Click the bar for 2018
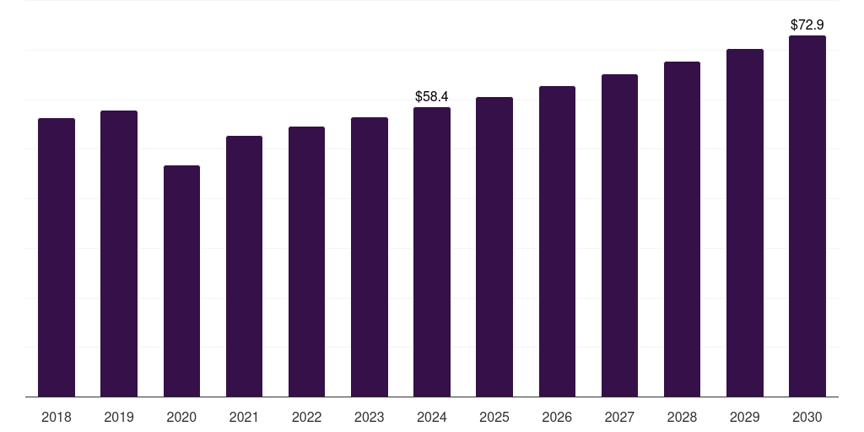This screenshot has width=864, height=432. point(57,257)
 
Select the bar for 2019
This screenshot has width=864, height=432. point(119,253)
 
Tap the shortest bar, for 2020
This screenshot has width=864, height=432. point(181,281)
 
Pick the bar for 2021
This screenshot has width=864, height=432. point(244,266)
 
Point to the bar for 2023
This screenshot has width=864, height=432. point(370,256)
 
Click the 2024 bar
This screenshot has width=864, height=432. point(432,251)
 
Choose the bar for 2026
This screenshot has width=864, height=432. point(557,241)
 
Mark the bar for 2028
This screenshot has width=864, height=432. point(682,229)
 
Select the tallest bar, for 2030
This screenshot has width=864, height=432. point(807,216)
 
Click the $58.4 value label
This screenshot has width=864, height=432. point(432,97)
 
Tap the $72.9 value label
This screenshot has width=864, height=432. point(807,25)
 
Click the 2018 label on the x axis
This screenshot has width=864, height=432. point(57,417)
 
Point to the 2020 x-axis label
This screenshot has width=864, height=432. point(181,417)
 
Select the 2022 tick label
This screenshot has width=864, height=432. point(306,417)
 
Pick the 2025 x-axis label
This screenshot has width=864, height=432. point(494,417)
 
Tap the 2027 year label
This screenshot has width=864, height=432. point(619,417)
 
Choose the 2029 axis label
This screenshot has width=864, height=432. point(745,417)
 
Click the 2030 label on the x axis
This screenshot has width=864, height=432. point(807,417)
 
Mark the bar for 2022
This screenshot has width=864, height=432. point(306,262)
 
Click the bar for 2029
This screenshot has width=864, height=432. point(745,223)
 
